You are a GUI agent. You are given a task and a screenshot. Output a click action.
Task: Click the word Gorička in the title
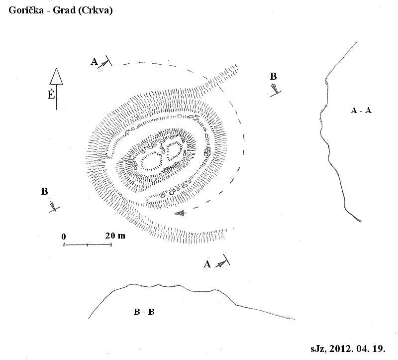[x=26, y=10]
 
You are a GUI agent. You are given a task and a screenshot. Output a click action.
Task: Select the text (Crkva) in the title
[x=96, y=10]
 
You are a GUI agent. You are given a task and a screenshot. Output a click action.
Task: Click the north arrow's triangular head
[x=56, y=77]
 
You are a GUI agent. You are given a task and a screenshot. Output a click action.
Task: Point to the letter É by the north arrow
[x=51, y=95]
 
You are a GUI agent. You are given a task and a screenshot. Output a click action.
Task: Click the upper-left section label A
[x=94, y=61]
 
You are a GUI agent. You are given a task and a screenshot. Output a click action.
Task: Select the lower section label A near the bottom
[x=207, y=264]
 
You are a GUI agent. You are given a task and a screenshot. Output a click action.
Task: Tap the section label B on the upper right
[x=273, y=76]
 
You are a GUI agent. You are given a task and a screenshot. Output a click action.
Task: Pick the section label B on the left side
[x=44, y=191]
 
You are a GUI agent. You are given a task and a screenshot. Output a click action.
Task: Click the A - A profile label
[x=361, y=110]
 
